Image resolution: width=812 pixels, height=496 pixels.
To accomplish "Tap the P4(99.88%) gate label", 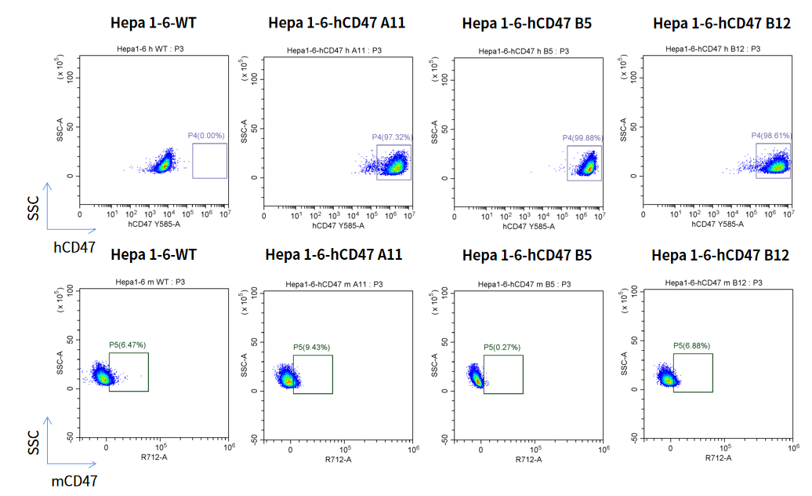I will point(582,138).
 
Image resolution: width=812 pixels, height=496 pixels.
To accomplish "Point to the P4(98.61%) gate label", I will point(771,136).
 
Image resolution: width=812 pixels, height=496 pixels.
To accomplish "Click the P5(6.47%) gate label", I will point(128,345).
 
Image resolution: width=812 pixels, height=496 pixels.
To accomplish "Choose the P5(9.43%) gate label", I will point(312,347).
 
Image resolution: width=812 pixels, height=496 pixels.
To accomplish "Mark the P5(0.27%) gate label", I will point(502,347).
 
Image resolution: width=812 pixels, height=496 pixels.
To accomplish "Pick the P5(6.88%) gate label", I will point(692,345).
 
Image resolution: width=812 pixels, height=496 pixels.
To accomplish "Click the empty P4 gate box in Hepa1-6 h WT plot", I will point(209,161).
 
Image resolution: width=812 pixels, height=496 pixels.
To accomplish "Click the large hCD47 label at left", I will point(74,248).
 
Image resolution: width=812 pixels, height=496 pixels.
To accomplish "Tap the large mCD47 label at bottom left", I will point(74,480).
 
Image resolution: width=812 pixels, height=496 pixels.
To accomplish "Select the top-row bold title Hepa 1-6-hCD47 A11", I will point(336,23).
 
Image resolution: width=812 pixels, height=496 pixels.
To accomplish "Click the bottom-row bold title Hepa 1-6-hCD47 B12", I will point(720,255).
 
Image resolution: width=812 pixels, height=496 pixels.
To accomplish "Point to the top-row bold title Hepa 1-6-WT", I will point(154,23).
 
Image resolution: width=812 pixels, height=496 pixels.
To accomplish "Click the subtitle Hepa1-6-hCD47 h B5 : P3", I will point(524,51).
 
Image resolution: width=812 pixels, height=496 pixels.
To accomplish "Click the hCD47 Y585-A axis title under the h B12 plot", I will point(719,224).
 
